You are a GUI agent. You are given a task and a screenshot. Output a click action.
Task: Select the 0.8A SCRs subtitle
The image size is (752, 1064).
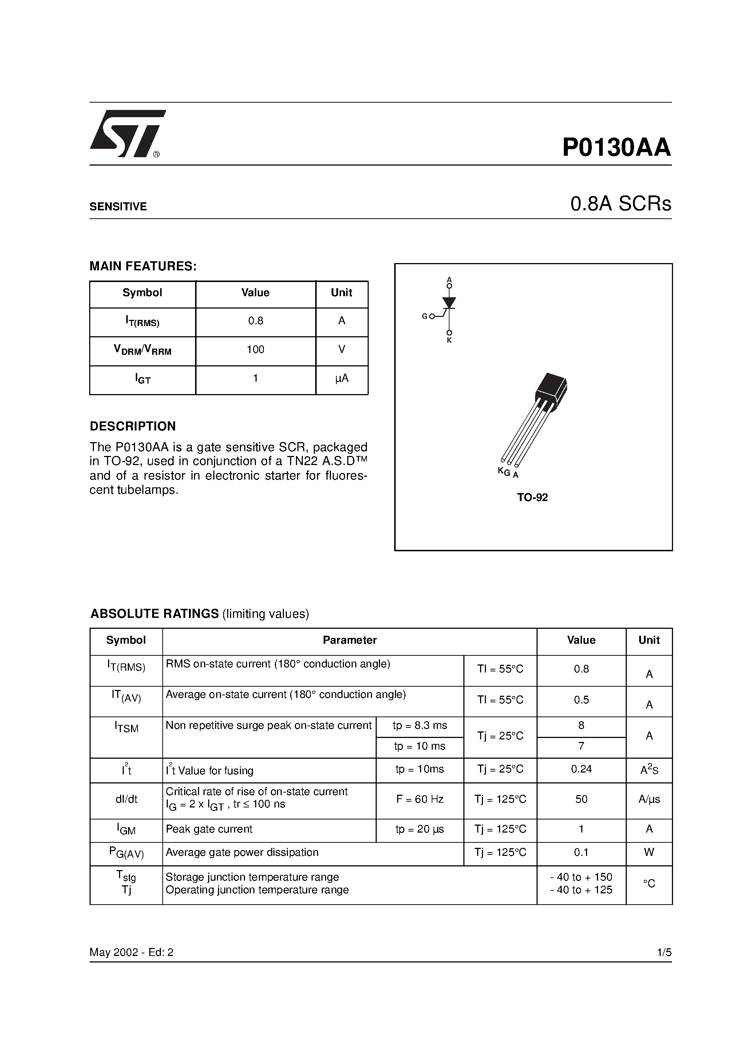coord(620,204)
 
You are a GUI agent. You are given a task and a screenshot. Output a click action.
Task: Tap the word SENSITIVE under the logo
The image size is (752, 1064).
coord(118,207)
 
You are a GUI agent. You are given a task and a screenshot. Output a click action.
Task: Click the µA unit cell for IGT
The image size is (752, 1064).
coord(342,378)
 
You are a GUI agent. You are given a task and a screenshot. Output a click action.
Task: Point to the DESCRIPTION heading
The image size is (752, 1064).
coord(132,426)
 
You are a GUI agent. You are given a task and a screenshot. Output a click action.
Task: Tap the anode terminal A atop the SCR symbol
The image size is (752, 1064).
coord(449,280)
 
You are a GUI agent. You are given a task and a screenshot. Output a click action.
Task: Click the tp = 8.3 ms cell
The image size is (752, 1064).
coord(420,726)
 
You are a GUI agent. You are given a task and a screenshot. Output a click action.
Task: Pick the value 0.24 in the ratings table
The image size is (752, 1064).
coord(581,769)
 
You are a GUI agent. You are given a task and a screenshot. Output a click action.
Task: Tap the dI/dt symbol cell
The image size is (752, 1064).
coord(126,799)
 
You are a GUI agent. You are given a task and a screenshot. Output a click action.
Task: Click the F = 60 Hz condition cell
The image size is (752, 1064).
coord(420,799)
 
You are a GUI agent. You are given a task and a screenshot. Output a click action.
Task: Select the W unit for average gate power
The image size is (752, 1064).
coord(649,852)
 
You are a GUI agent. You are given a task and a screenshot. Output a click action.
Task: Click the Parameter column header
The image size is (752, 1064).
coord(349,640)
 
